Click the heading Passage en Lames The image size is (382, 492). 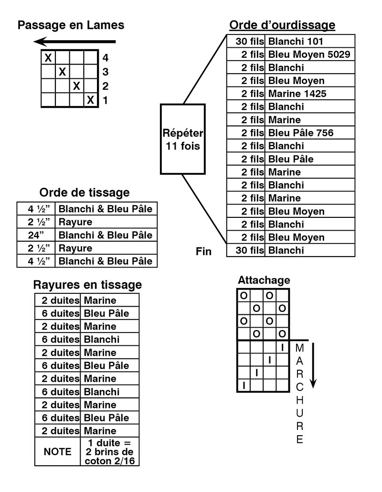(x=71, y=25)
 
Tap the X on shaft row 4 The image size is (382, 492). (x=48, y=58)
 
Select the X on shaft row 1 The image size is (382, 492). (x=91, y=100)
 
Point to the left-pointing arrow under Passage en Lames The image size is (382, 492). (x=74, y=42)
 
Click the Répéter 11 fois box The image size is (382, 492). (x=183, y=139)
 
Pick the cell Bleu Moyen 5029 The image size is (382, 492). (x=309, y=54)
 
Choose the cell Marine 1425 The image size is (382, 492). (x=309, y=94)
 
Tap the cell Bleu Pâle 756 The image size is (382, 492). (x=309, y=133)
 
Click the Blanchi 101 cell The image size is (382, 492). (x=309, y=41)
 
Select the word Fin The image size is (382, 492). (x=203, y=251)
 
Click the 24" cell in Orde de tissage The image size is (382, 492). (x=36, y=235)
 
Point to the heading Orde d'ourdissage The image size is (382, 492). (x=282, y=25)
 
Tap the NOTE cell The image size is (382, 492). (x=58, y=451)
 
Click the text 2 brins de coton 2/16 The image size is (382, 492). (x=109, y=456)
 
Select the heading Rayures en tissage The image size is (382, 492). (x=87, y=285)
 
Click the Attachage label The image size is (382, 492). (x=264, y=280)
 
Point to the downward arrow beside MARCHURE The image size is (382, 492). (x=313, y=365)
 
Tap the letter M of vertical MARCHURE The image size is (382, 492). (x=300, y=348)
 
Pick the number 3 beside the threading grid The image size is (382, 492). (x=106, y=72)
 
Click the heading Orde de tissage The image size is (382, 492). (x=85, y=193)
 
